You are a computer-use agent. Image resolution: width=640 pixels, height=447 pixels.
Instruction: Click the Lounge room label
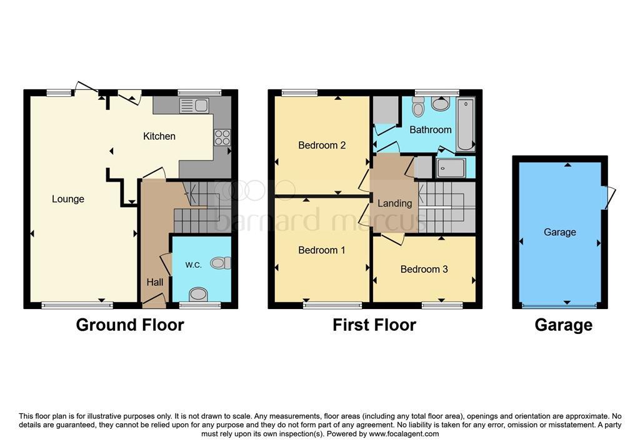67,199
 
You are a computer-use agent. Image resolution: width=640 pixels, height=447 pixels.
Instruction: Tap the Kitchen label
159,136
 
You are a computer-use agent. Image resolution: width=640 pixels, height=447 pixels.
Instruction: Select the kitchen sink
194,106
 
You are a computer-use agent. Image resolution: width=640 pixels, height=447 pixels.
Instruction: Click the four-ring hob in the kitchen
222,137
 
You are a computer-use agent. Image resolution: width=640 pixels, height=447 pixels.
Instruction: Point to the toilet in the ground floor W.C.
221,263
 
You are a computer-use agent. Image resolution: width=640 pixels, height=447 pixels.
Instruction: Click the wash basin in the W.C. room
199,294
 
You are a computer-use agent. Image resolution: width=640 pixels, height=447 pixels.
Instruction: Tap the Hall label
155,282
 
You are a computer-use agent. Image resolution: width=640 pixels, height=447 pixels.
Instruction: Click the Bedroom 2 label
322,145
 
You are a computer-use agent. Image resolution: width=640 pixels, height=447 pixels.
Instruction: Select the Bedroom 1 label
322,250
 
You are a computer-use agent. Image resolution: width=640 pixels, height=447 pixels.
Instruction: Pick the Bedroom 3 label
424,269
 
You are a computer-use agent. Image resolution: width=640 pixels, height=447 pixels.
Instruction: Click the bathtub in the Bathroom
465,124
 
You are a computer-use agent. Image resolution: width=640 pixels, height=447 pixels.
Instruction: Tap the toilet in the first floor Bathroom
418,107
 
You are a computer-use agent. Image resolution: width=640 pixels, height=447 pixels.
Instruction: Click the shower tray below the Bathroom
451,168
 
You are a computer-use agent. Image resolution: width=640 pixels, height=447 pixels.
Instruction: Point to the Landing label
395,203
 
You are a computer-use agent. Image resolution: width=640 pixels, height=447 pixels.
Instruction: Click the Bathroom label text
430,130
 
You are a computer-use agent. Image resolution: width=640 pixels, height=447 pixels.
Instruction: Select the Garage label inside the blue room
559,232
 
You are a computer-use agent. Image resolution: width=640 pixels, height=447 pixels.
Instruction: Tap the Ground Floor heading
130,325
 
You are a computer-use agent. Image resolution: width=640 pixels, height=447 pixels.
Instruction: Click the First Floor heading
374,325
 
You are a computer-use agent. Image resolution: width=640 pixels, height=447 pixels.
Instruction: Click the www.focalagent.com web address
404,434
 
